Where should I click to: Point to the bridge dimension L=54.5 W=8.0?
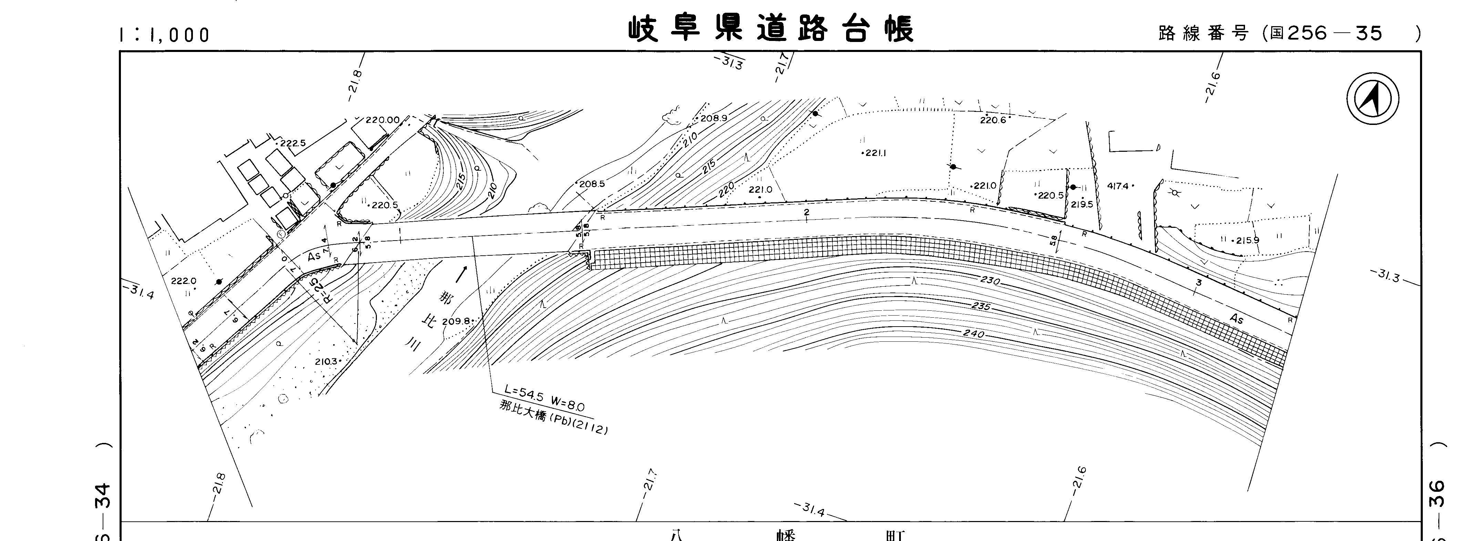pyautogui.click(x=544, y=399)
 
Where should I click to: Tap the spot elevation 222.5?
pyautogui.click(x=292, y=143)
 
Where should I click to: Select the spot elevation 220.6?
pyautogui.click(x=993, y=120)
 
